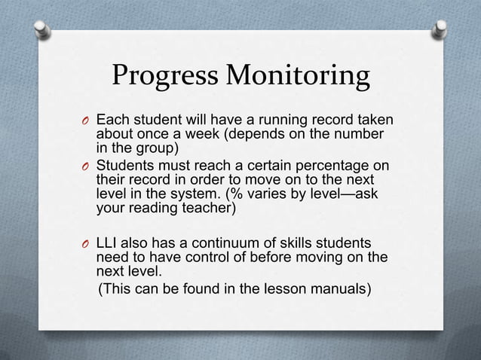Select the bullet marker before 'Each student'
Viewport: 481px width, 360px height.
click(x=87, y=122)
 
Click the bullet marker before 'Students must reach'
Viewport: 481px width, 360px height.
click(x=87, y=166)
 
